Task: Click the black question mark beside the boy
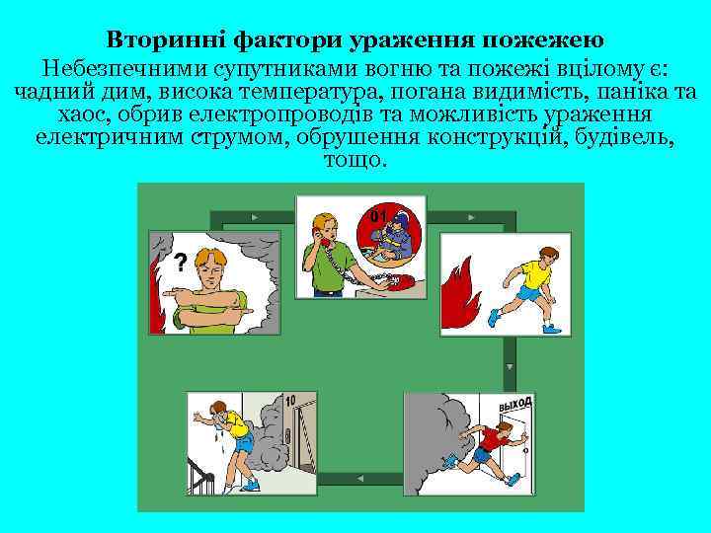coord(180,262)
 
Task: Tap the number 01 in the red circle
coord(378,215)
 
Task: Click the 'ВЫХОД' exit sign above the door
coord(514,404)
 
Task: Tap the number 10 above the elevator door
coord(289,401)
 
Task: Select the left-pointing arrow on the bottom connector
coord(359,478)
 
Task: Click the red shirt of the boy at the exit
coord(487,435)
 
